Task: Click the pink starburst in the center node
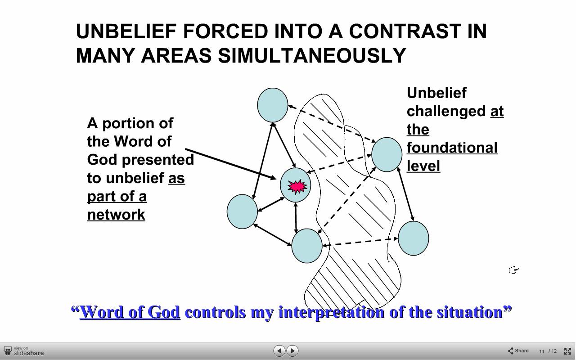click(x=297, y=186)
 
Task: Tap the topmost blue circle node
click(x=273, y=105)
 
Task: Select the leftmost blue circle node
click(x=242, y=211)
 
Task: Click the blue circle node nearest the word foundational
click(x=387, y=154)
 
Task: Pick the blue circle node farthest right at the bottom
click(x=413, y=238)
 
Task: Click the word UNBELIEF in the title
click(x=126, y=31)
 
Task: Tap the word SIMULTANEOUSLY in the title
click(x=312, y=55)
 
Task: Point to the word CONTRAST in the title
click(x=405, y=31)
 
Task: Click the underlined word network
click(x=116, y=215)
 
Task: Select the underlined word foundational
click(x=452, y=148)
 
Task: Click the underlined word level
click(x=423, y=166)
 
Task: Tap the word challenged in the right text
click(x=446, y=111)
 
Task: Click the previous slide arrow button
click(x=279, y=351)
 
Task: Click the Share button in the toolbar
click(x=518, y=351)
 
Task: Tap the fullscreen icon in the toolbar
click(x=567, y=351)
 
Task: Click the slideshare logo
click(x=24, y=351)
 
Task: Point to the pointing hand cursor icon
click(x=513, y=270)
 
